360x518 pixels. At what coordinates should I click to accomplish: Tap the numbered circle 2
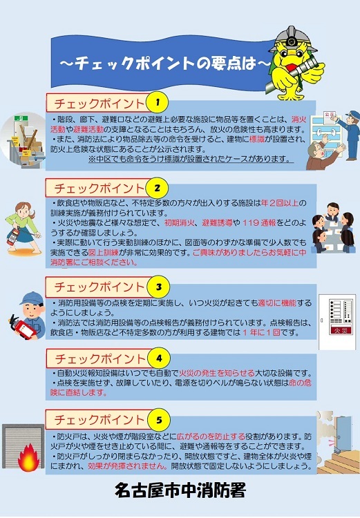pos(158,188)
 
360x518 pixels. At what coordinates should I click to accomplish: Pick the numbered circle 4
pos(159,358)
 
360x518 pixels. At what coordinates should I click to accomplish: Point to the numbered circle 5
pos(159,419)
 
